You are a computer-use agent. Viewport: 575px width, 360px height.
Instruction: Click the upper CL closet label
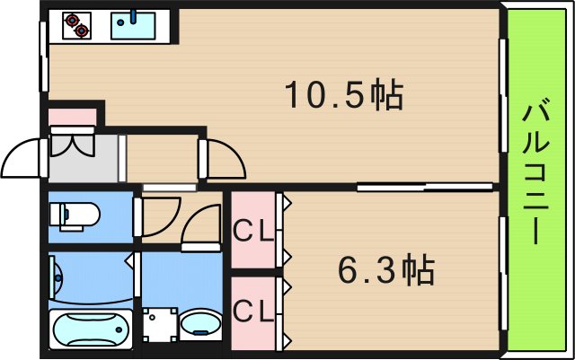point(254,231)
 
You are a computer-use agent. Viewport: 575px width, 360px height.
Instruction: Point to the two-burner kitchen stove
point(77,25)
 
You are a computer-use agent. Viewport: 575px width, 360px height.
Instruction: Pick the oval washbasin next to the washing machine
point(199,326)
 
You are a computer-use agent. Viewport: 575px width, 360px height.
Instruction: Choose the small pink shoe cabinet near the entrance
point(72,117)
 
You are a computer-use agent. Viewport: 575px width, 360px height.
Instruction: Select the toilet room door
point(137,216)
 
